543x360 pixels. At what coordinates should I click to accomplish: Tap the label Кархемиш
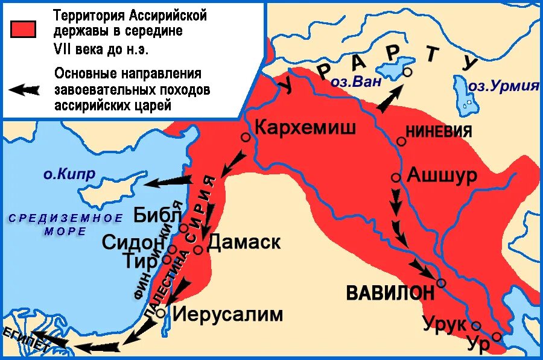coord(305,127)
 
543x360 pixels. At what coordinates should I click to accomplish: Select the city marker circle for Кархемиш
coord(246,137)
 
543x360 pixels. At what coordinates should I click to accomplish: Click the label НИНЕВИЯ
coord(439,132)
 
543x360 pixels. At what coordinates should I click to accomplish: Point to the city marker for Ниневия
coord(401,141)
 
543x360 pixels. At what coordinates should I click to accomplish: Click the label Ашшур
coord(442,175)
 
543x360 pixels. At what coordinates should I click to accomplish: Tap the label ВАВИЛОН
coord(390,293)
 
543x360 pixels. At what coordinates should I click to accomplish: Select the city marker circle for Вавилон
coord(441,283)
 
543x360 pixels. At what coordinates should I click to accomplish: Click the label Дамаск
coord(244,242)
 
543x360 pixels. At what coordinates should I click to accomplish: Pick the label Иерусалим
coord(228,314)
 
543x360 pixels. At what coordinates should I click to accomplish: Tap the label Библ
coord(156,215)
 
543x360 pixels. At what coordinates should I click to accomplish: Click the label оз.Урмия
coord(503,86)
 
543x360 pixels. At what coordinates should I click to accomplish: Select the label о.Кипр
coord(69,175)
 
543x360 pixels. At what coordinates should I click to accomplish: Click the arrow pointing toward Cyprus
coord(170,180)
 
